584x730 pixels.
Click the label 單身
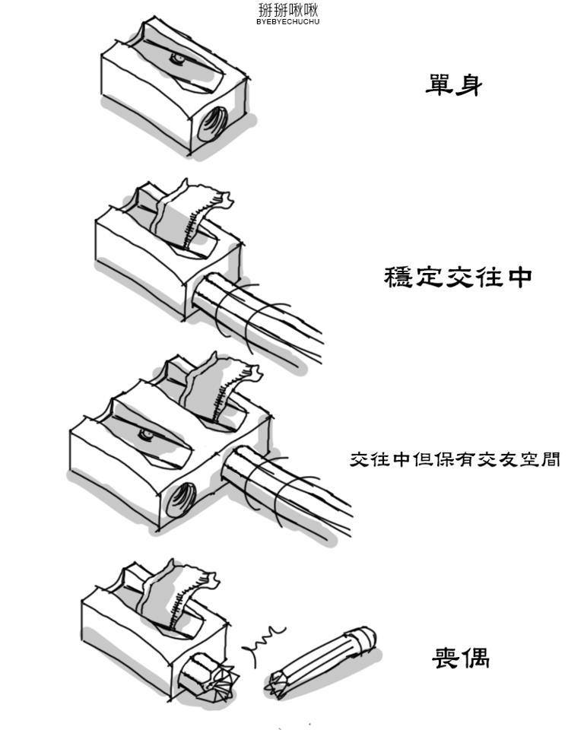[454, 85]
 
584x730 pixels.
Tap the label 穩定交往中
[458, 277]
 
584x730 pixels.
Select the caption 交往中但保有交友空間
[455, 459]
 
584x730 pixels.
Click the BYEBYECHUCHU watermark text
[288, 21]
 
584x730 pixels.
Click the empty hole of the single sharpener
[212, 122]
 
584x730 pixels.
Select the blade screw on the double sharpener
[146, 433]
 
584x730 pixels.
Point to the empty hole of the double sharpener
[180, 500]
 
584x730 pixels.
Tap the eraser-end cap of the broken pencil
[363, 639]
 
